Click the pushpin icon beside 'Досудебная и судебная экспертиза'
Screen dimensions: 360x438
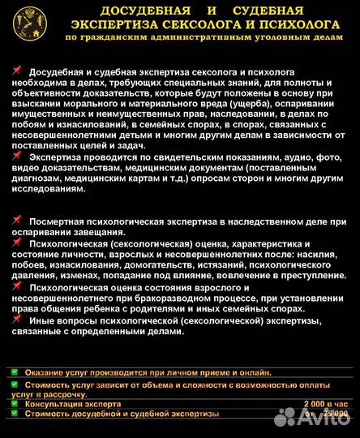(x=18, y=72)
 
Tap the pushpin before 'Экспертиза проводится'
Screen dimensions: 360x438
(x=18, y=155)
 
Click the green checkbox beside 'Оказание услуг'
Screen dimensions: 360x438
(x=14, y=371)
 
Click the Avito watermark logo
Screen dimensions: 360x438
(x=311, y=418)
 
